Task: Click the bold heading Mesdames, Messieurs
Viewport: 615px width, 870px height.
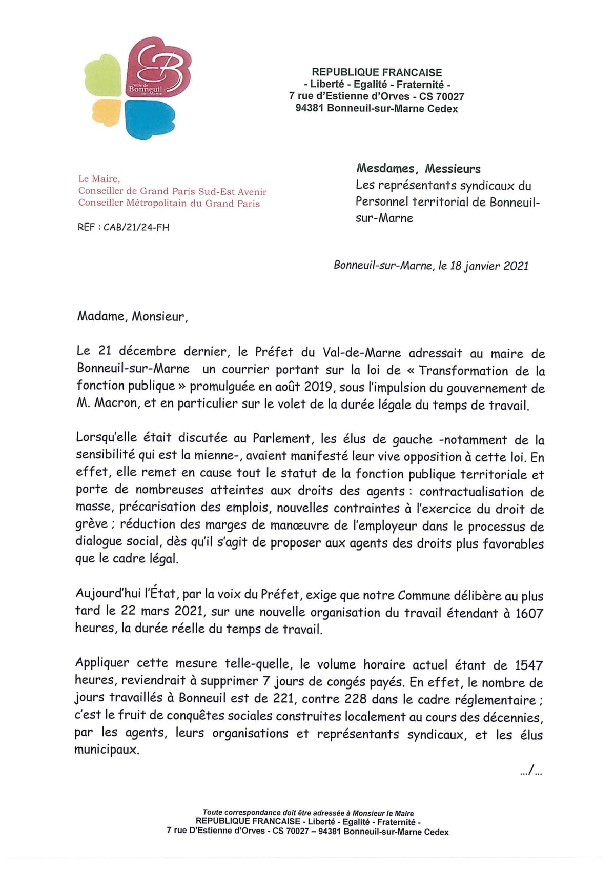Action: click(418, 169)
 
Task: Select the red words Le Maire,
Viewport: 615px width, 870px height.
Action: click(99, 179)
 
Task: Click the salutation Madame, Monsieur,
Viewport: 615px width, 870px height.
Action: click(133, 316)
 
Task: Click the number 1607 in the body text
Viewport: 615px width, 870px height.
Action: click(529, 613)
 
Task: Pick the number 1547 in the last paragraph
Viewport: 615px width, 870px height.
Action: click(528, 665)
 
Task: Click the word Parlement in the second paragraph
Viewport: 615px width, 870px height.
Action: click(282, 438)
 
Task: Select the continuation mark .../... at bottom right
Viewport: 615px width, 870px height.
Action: click(531, 770)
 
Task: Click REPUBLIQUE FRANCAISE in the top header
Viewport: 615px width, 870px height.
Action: click(377, 73)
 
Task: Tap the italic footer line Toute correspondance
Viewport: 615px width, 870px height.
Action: click(308, 813)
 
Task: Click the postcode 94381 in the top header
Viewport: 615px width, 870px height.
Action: click(310, 108)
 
